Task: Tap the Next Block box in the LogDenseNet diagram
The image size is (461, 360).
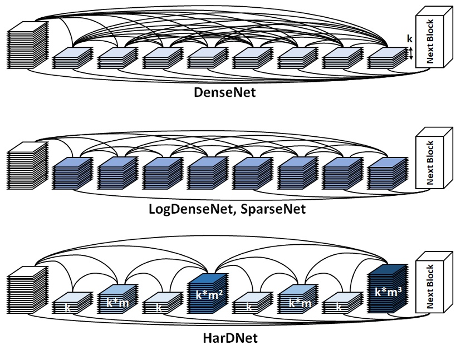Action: click(431, 161)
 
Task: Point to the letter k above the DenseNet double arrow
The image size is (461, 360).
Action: click(410, 40)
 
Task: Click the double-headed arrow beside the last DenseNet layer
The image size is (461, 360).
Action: click(411, 53)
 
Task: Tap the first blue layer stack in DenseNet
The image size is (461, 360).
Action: click(71, 58)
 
